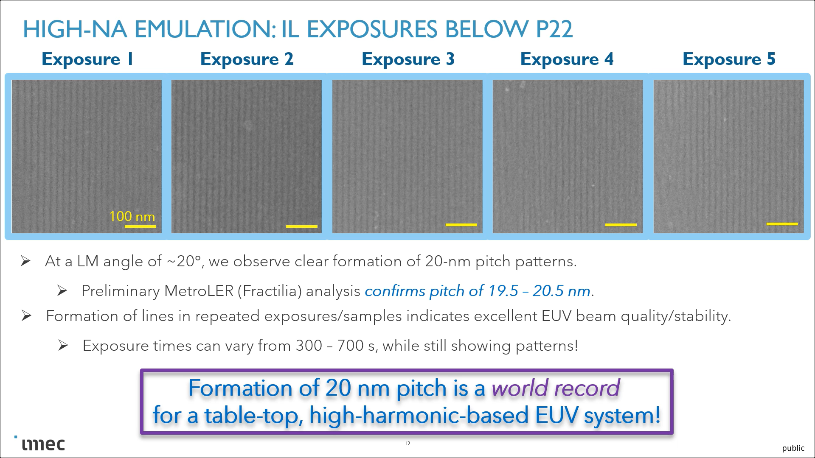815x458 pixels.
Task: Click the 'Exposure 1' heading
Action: [x=87, y=59]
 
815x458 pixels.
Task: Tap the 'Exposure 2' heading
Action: [x=247, y=59]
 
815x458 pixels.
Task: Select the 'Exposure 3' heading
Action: [x=408, y=59]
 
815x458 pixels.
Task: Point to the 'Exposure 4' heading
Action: [x=567, y=59]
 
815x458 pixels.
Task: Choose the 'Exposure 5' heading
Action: [x=729, y=59]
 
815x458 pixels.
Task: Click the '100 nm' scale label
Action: [x=132, y=216]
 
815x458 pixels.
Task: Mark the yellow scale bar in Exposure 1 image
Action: [x=141, y=226]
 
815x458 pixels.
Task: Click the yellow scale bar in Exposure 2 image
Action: [x=302, y=226]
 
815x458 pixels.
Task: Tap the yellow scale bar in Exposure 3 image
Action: [x=461, y=225]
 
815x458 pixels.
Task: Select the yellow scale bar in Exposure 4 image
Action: [x=621, y=225]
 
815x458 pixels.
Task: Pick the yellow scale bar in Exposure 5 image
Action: [x=782, y=224]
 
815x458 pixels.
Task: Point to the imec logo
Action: [x=43, y=444]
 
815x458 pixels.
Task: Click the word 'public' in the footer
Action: [x=793, y=448]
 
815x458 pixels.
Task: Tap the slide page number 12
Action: [x=407, y=444]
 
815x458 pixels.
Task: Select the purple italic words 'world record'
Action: [x=556, y=388]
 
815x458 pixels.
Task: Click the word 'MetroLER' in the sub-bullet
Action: [x=199, y=291]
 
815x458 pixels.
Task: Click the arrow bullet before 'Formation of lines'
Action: [x=26, y=316]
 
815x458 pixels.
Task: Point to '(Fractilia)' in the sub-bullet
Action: [x=269, y=291]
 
